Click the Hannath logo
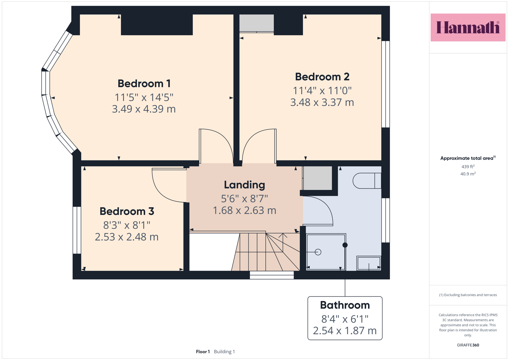click(x=468, y=27)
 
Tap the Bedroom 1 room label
click(x=144, y=83)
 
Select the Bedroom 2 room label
click(x=322, y=77)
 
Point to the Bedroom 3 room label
click(x=127, y=211)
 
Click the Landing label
click(x=245, y=185)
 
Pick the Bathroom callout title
click(x=345, y=305)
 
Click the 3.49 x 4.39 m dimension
click(x=144, y=109)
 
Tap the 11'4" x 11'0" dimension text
click(x=322, y=90)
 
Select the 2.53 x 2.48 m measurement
click(x=127, y=237)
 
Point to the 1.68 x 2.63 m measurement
click(x=245, y=210)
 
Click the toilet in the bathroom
click(x=367, y=181)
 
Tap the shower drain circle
click(x=318, y=252)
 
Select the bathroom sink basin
click(x=369, y=263)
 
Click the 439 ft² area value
click(x=468, y=167)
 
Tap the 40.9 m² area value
click(x=468, y=174)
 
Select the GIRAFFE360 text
click(x=468, y=345)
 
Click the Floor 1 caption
click(x=203, y=352)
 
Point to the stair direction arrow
click(x=283, y=242)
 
